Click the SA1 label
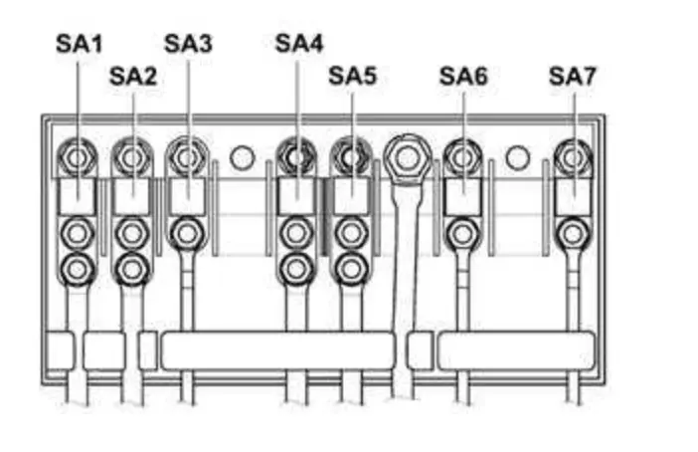(x=79, y=44)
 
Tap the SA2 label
(x=133, y=76)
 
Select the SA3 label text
(x=188, y=44)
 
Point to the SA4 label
(x=299, y=44)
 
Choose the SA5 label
(x=353, y=76)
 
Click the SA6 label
(x=463, y=76)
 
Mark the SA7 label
(x=574, y=76)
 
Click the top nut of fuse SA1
(x=78, y=156)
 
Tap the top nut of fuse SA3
(x=186, y=156)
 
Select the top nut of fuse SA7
(x=573, y=156)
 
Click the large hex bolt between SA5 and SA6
(x=405, y=156)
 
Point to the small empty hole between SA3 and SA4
(x=242, y=157)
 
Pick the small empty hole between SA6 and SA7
(x=515, y=157)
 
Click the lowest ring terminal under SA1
(x=78, y=267)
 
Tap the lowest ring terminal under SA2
(x=131, y=267)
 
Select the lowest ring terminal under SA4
(x=294, y=267)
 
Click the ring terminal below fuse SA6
(x=460, y=234)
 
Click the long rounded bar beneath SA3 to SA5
(x=278, y=350)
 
